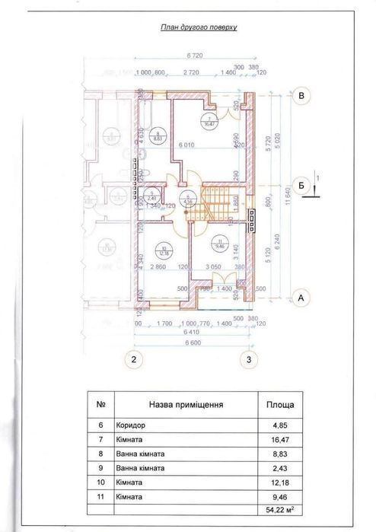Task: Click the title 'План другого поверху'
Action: [199, 26]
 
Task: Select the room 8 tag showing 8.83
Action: [158, 138]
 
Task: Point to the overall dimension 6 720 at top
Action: [197, 56]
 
